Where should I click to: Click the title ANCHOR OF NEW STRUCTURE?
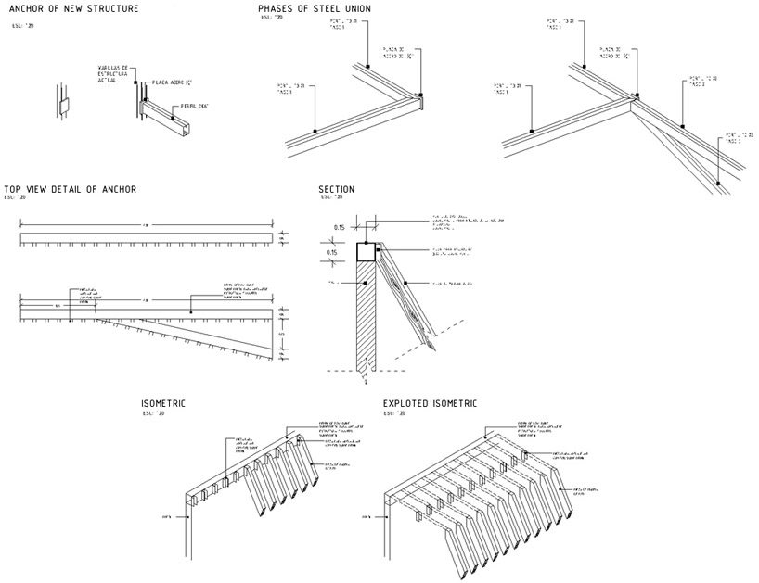point(73,9)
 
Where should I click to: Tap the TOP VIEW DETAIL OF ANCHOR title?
point(71,189)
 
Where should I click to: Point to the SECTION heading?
point(337,189)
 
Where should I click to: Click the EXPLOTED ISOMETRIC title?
point(430,404)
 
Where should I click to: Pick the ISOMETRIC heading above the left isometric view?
point(163,404)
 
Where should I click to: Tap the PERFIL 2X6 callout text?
point(195,107)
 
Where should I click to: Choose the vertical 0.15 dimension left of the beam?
point(331,252)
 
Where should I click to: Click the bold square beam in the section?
point(367,252)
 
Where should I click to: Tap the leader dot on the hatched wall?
point(367,282)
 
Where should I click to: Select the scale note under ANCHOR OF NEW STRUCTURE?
point(20,25)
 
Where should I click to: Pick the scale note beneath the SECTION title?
point(332,197)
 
